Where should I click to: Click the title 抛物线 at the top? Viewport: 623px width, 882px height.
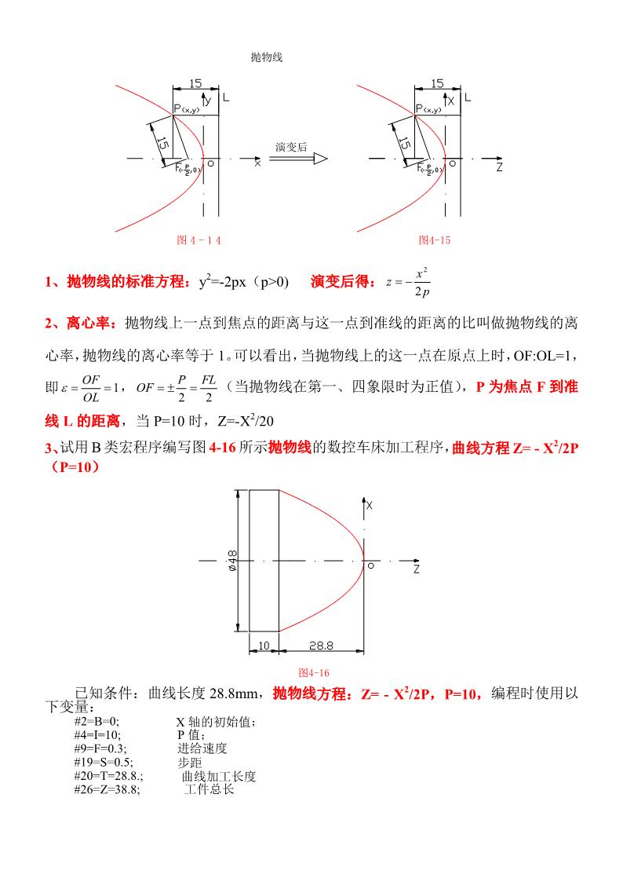coord(266,57)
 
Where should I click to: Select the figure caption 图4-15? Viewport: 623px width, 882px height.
coord(435,240)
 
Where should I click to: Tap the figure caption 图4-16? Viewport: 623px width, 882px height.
coord(314,673)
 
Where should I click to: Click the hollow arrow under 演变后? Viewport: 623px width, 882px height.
coord(297,158)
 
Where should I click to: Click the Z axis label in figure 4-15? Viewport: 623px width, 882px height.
coord(499,167)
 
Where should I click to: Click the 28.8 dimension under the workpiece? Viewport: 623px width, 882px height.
coord(322,645)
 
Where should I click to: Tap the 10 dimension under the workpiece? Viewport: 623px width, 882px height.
coord(264,645)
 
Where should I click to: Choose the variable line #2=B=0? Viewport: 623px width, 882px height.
coord(97,720)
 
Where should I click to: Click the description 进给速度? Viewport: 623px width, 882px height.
coord(202,748)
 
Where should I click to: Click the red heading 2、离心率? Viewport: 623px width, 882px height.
coord(81,323)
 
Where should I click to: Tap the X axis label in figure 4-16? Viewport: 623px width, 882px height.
coord(369,507)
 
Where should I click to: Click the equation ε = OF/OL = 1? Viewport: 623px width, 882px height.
coord(93,388)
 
